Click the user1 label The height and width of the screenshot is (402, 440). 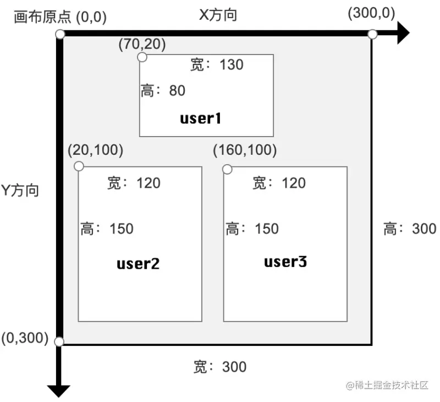coord(201,118)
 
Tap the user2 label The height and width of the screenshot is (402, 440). coord(138,263)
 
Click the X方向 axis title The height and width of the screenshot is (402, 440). coord(218,15)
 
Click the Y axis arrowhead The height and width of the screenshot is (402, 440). coord(59,390)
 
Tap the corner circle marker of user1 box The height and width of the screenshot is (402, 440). coord(142,57)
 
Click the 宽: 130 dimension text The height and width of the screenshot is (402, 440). coord(217,65)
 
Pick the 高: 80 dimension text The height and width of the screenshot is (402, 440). coord(163,90)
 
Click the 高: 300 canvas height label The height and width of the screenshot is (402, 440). coord(410,229)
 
